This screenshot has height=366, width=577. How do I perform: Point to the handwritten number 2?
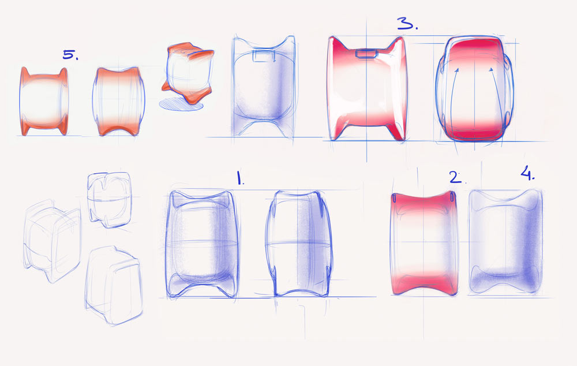pos(456,177)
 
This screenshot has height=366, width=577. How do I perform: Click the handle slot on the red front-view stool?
pos(365,54)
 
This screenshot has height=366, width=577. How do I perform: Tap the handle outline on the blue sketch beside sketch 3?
pos(263,56)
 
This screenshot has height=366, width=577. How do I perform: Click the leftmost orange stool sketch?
pos(44,101)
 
